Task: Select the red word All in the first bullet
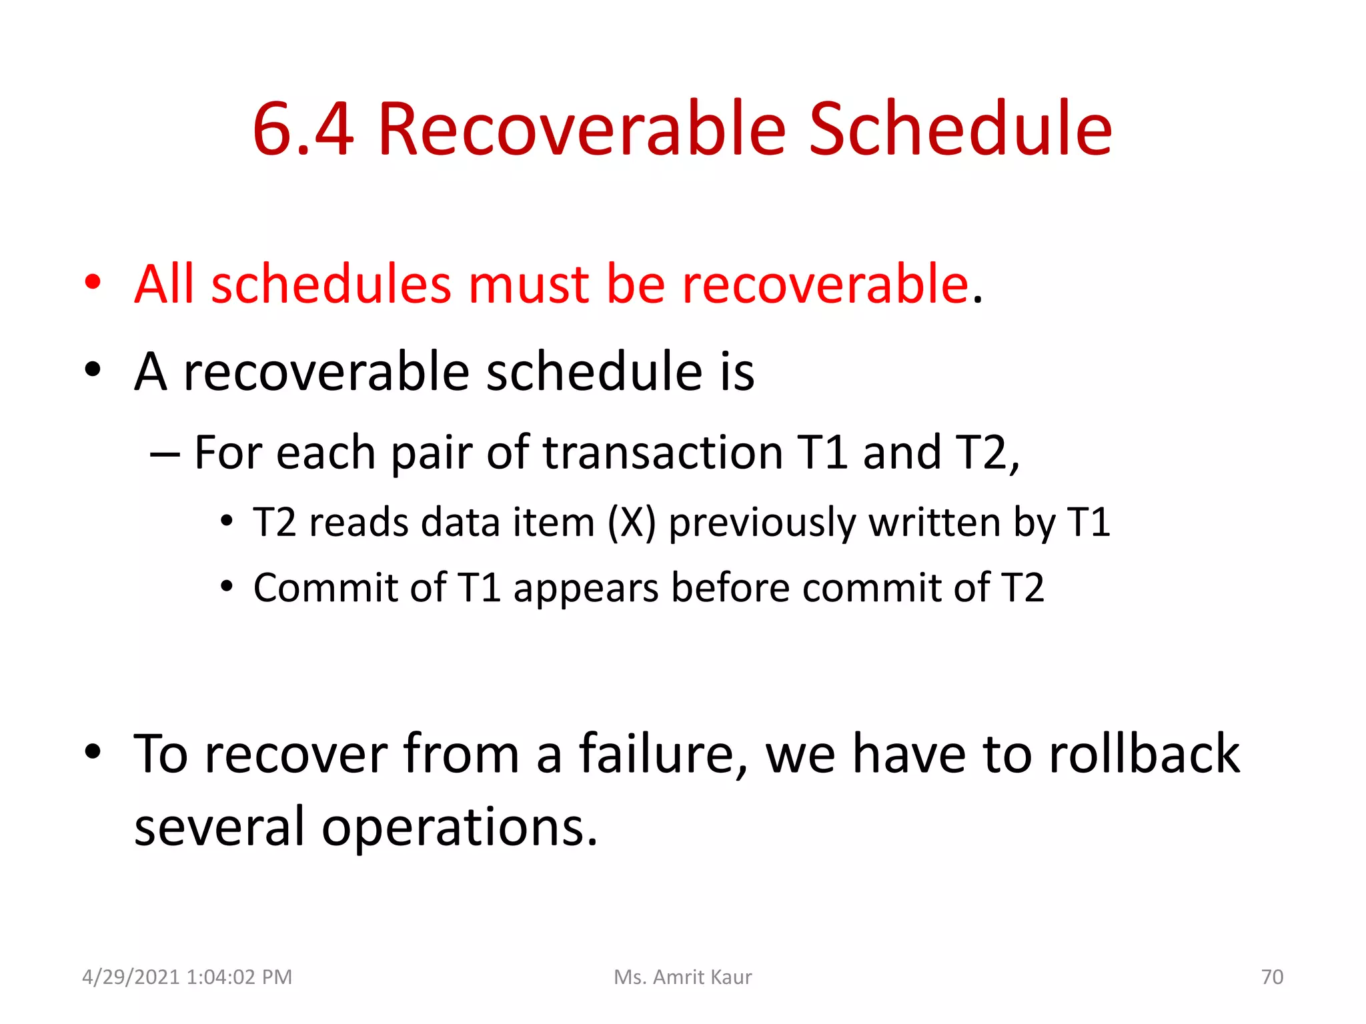point(164,285)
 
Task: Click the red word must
point(528,285)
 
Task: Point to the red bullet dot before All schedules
point(93,282)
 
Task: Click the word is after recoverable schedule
point(737,372)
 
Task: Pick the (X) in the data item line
point(632,522)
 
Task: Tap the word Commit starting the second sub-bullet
point(325,588)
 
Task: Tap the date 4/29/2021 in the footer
point(131,977)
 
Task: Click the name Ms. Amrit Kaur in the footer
point(682,977)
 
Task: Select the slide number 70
point(1272,977)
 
